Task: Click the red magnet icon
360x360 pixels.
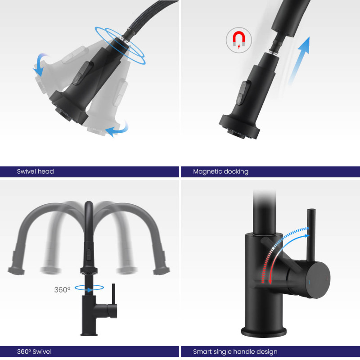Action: coord(239,39)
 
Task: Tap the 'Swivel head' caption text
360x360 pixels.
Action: coord(36,171)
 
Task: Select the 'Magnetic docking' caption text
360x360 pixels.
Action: coord(220,172)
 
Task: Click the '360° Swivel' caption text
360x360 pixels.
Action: coord(34,352)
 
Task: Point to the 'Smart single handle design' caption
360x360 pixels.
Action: coord(235,352)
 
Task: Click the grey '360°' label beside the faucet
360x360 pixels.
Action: coord(62,290)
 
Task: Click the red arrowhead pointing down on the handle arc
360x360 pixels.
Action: coord(270,281)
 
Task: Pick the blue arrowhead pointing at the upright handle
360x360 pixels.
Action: coord(306,235)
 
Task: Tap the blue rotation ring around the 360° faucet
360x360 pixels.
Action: coord(89,288)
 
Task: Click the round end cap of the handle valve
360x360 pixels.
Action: coord(318,279)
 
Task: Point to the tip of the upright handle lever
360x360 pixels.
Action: coord(311,209)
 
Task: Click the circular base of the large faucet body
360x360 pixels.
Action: coord(264,332)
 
